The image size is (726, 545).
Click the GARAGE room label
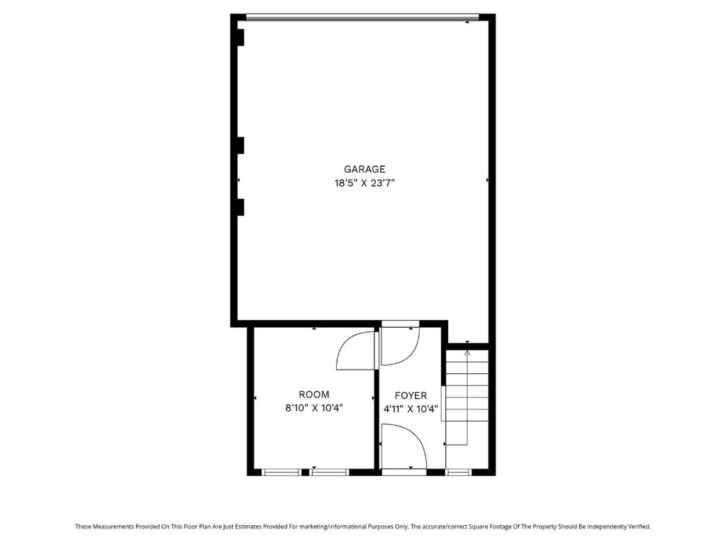364,169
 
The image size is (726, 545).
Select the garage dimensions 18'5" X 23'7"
364,183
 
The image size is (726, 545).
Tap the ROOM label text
314,395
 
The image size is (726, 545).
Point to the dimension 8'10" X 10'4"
314,408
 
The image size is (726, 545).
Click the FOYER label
411,396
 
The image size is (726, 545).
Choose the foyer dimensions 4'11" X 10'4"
411,409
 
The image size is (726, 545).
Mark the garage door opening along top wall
362,18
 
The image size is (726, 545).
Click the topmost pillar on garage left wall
241,38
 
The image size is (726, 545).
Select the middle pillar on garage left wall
241,145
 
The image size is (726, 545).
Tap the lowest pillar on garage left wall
241,207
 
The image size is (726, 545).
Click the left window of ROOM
281,472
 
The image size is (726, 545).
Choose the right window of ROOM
329,472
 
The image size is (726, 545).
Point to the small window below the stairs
459,472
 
